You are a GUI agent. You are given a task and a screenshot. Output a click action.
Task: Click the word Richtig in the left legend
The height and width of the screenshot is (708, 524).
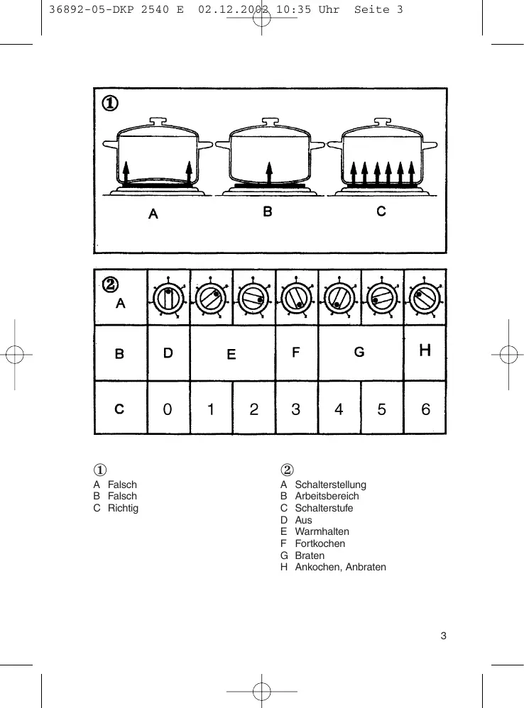click(123, 509)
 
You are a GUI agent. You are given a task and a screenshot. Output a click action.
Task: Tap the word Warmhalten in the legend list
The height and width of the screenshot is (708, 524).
click(322, 532)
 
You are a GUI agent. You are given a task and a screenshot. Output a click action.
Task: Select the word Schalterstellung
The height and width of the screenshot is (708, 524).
click(330, 485)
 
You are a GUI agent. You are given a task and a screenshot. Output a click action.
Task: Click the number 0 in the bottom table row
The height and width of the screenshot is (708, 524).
click(168, 409)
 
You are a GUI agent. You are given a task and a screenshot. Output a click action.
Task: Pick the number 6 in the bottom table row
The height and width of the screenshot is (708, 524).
click(425, 409)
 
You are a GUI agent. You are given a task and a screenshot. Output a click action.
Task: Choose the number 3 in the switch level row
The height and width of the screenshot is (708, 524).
click(296, 409)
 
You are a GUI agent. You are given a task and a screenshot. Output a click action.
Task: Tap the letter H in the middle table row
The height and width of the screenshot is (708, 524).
click(425, 350)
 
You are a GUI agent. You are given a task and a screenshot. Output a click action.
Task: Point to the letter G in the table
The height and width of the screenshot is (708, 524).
click(359, 352)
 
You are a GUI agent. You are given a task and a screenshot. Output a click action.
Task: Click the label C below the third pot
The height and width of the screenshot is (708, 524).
click(381, 211)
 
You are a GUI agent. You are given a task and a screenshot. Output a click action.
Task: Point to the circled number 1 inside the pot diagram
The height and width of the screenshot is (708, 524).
click(109, 104)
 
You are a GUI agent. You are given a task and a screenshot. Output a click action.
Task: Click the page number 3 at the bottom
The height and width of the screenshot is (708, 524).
click(443, 636)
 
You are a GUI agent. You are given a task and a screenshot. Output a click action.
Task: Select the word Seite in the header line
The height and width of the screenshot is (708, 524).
click(372, 9)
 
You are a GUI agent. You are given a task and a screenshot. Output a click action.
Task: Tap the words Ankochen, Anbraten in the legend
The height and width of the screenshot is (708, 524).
click(340, 568)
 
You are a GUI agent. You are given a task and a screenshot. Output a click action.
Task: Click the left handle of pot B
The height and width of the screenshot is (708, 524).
click(222, 147)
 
